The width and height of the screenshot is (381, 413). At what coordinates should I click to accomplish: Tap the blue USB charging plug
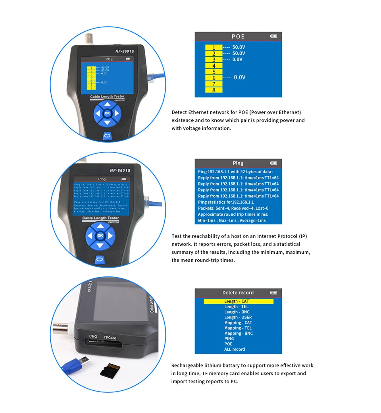[x=75, y=364]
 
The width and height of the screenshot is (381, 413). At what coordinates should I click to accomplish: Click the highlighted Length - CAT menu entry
[x=238, y=301]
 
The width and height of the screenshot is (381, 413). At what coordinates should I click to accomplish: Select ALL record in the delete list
[x=235, y=349]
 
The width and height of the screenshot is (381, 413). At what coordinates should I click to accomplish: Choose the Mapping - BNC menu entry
[x=238, y=333]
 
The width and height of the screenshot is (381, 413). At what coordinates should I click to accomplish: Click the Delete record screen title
[x=238, y=293]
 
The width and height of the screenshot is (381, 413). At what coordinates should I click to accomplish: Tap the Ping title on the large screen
[x=238, y=163]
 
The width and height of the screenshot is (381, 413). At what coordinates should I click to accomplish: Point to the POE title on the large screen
[x=238, y=37]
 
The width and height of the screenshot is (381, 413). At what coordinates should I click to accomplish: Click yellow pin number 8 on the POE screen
[x=214, y=90]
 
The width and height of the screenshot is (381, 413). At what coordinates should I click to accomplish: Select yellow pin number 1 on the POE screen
[x=214, y=47]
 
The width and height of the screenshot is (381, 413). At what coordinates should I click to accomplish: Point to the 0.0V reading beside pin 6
[x=239, y=77]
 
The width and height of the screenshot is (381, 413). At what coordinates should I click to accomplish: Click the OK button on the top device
[x=107, y=113]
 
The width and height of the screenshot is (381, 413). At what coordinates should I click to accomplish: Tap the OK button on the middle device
[x=100, y=235]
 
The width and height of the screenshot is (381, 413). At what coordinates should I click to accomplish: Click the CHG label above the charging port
[x=93, y=336]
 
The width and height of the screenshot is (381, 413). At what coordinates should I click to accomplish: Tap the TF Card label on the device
[x=110, y=338]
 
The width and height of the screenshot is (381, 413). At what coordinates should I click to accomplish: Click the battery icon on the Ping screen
[x=273, y=163]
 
